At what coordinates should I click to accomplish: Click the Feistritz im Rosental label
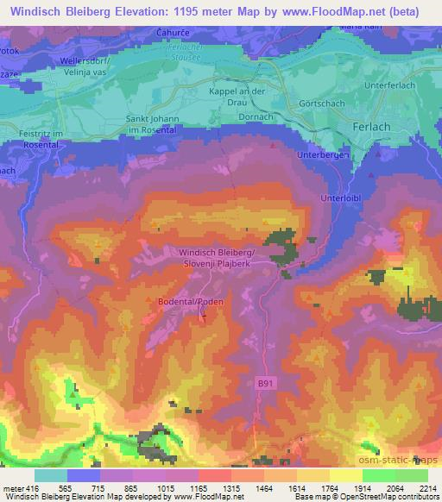(21, 140)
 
